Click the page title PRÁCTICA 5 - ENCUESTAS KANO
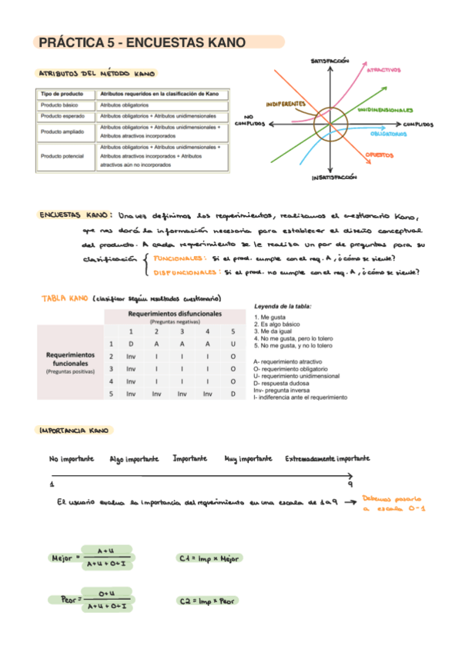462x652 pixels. (142, 42)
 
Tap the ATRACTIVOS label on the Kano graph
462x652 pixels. (383, 70)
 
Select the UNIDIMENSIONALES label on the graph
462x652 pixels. (385, 111)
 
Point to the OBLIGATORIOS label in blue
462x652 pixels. (388, 134)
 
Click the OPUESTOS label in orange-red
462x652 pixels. (380, 155)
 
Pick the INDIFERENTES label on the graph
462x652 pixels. (286, 103)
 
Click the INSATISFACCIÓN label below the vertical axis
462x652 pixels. (336, 177)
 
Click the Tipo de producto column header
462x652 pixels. (62, 93)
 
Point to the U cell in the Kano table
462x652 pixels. (233, 344)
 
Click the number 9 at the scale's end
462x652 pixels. (350, 484)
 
